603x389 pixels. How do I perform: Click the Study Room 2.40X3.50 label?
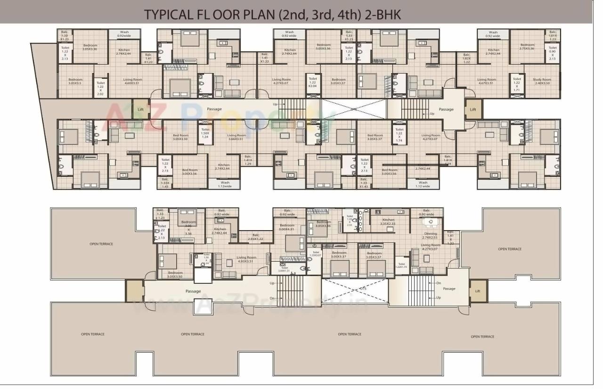point(542,81)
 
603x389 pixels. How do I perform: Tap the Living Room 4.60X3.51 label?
point(132,81)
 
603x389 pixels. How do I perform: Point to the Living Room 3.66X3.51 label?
point(236,137)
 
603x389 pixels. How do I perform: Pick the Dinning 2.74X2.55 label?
point(430,235)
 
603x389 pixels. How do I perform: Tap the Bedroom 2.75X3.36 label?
point(527,46)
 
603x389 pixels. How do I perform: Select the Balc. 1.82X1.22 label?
point(466,58)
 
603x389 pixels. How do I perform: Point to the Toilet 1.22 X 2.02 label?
point(100,88)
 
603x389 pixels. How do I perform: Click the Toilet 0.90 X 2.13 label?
point(552,53)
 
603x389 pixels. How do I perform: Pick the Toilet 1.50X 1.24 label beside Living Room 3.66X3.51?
point(205,133)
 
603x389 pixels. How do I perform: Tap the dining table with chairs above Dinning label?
point(429,222)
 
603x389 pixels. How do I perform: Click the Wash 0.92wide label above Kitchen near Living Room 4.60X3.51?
point(124,34)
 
